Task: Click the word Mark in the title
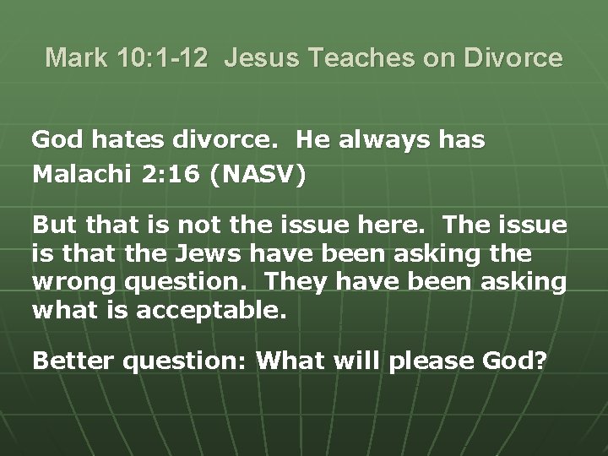[75, 58]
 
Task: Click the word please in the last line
[425, 361]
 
